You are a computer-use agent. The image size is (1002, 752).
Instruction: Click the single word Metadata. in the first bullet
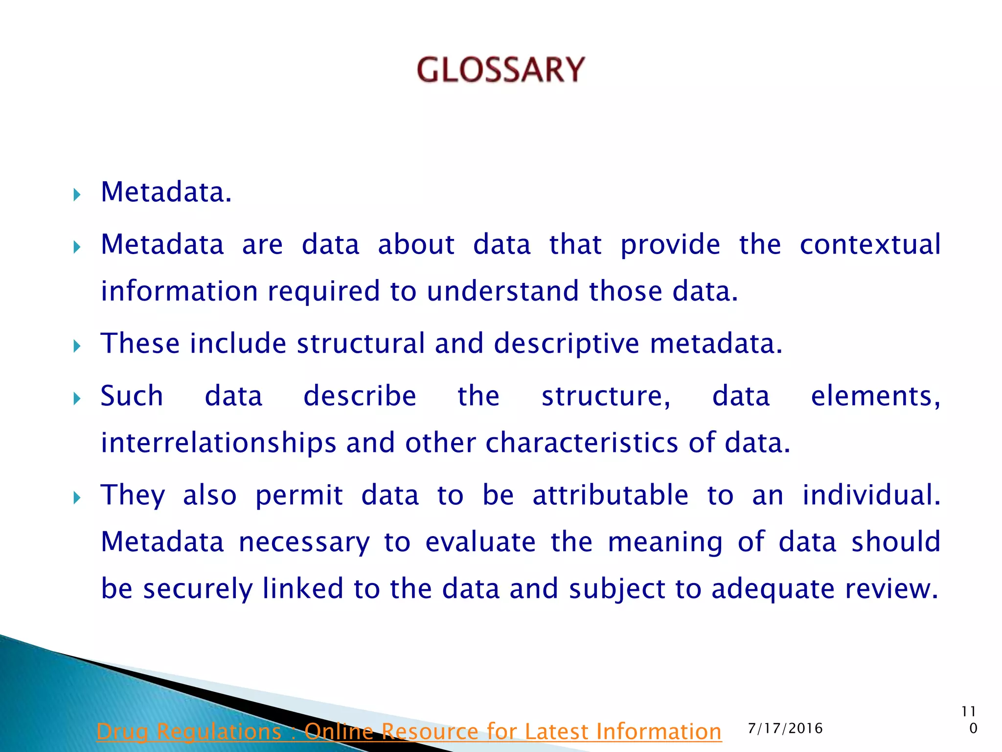click(x=166, y=192)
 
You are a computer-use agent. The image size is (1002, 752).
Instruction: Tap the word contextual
click(x=869, y=244)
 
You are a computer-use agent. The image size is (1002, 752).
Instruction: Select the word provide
click(x=670, y=244)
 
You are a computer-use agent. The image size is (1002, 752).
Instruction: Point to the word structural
click(x=361, y=343)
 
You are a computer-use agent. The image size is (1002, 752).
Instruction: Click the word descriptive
click(x=566, y=343)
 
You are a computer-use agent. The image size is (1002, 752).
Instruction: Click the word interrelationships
click(x=218, y=443)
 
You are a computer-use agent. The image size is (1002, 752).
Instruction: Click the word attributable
click(x=610, y=495)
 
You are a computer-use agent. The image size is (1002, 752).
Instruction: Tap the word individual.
click(x=871, y=495)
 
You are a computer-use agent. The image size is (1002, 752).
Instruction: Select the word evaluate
click(x=480, y=542)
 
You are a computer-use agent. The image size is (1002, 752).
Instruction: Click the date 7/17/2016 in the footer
click(x=785, y=728)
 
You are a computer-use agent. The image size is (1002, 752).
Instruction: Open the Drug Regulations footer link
click(x=409, y=732)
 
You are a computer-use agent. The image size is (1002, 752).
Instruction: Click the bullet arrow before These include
click(x=77, y=347)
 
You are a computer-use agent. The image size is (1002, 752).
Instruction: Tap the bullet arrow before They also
click(x=77, y=498)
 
